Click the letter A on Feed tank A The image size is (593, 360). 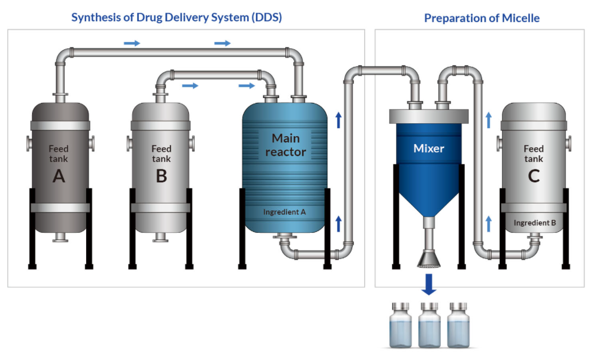(x=59, y=176)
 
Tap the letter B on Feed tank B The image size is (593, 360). (x=161, y=176)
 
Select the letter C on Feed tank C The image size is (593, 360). (x=533, y=176)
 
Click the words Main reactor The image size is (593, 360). (x=285, y=145)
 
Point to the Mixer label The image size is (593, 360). (x=429, y=148)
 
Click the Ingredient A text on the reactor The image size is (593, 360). (x=285, y=212)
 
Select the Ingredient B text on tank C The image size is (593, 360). (x=534, y=223)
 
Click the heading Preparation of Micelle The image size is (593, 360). (x=482, y=18)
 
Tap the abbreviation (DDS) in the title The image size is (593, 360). (x=264, y=17)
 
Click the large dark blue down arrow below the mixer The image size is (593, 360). (x=429, y=285)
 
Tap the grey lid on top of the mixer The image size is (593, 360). (x=429, y=116)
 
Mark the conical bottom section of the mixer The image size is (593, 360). (x=429, y=191)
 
